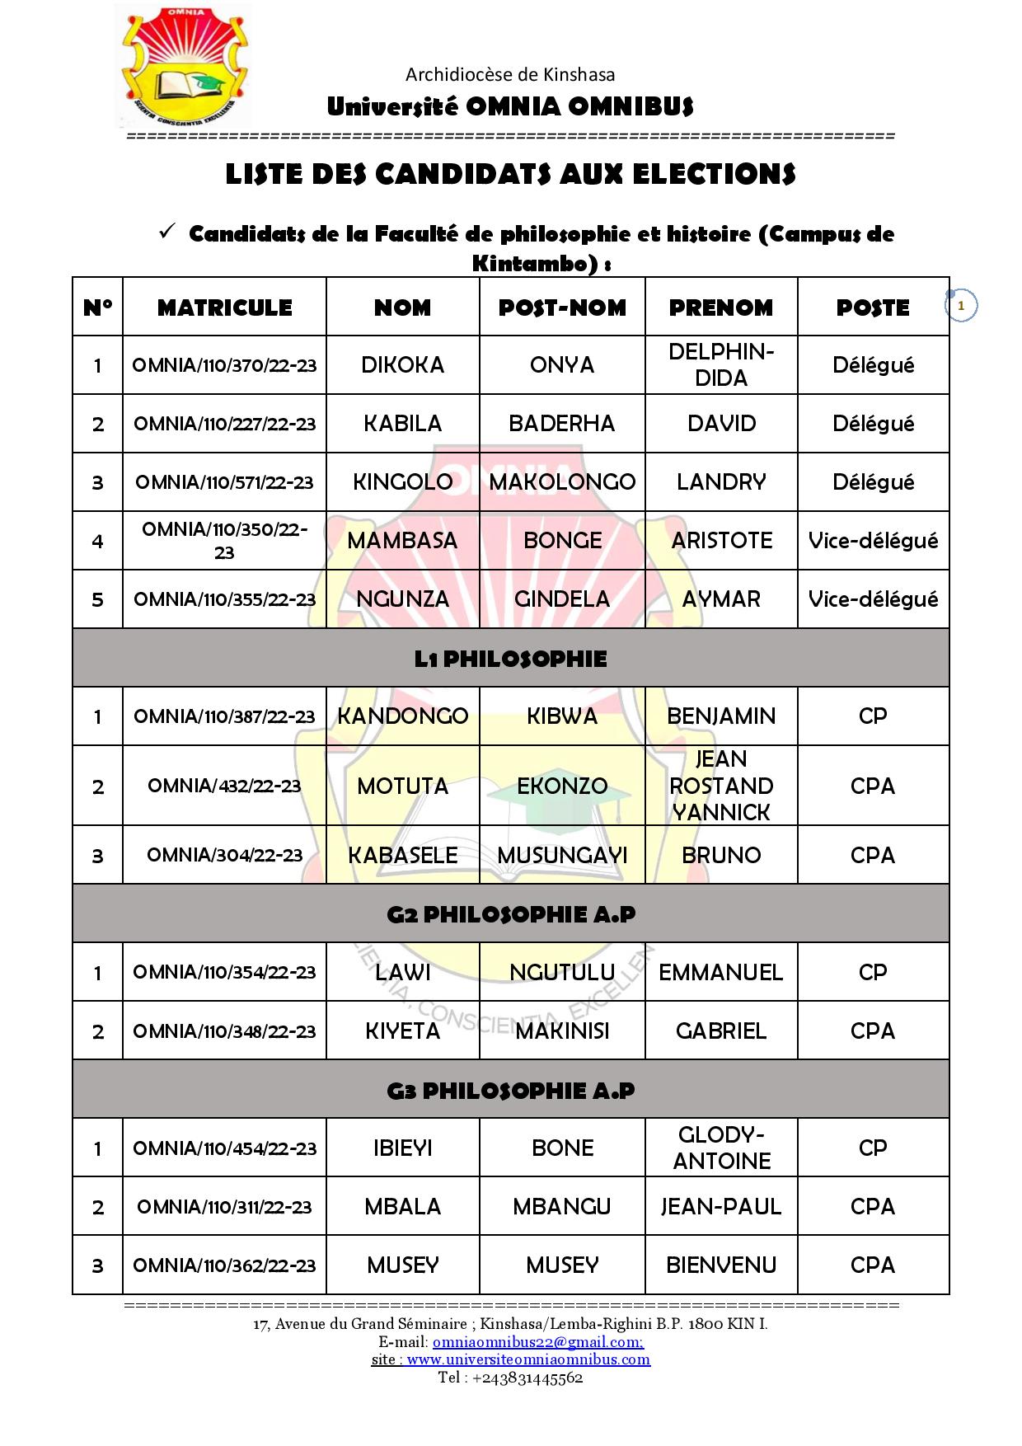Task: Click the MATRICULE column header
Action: [x=224, y=308]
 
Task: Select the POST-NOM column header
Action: [x=562, y=308]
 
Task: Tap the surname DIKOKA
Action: [x=402, y=365]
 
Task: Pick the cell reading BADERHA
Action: [x=562, y=424]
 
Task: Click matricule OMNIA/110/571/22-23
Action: [x=224, y=482]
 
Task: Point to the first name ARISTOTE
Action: [x=721, y=541]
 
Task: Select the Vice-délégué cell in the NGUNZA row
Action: [x=873, y=599]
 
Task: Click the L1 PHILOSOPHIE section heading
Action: [x=510, y=659]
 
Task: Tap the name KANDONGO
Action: [x=402, y=716]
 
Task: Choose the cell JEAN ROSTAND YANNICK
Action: [x=721, y=786]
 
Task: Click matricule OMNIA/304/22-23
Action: [x=224, y=855]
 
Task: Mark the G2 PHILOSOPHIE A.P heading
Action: [x=510, y=914]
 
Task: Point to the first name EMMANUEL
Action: [x=721, y=973]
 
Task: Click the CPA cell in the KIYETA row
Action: [x=873, y=1031]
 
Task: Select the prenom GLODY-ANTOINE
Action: [x=721, y=1148]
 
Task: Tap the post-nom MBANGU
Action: [x=562, y=1207]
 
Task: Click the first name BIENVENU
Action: [x=721, y=1265]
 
